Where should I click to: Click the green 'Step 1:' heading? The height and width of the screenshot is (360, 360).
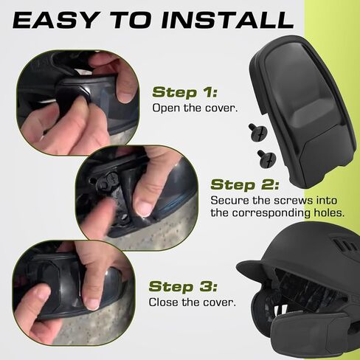[184, 92]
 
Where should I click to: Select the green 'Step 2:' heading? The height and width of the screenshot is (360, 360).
[243, 184]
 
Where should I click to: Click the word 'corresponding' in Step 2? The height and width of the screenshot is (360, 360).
[271, 213]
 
